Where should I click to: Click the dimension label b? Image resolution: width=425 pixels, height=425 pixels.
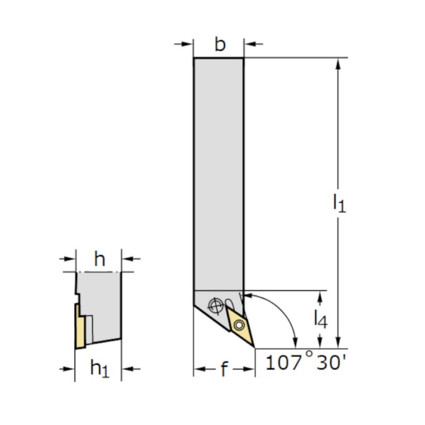point(220,44)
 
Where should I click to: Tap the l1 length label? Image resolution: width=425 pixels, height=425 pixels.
point(339,203)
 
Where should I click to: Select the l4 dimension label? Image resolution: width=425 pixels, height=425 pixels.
point(320,319)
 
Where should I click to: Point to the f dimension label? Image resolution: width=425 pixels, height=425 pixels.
point(224,369)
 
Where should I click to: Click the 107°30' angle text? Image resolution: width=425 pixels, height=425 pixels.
point(306,362)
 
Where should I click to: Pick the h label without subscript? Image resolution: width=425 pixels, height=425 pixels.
point(99,259)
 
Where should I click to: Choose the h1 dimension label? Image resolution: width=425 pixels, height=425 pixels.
point(100,369)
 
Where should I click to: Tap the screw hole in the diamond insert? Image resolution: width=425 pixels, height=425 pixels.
point(239,325)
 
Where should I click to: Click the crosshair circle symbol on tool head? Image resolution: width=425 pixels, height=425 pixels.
point(216,306)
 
